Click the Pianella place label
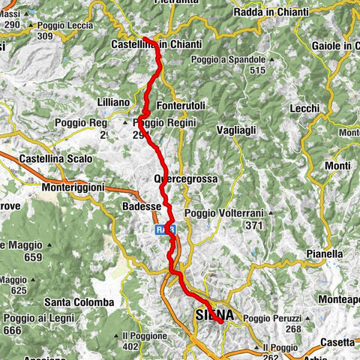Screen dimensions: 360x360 point(323,254)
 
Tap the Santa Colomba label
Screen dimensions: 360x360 point(79,302)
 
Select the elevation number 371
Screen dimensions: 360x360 point(255,225)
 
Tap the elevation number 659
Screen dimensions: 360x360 point(32,256)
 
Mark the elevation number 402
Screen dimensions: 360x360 point(130,347)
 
